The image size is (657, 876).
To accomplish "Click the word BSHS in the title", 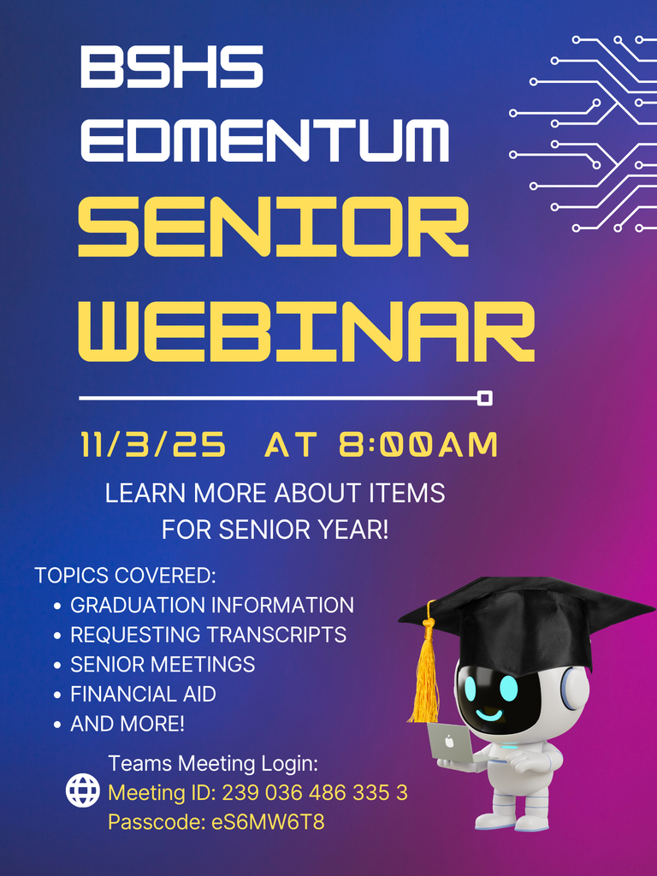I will pos(171,67).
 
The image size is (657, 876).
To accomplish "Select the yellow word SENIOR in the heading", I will pos(274,227).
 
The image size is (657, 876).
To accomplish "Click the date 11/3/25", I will pos(154,445).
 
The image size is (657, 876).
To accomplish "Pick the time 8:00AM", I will pos(418,445).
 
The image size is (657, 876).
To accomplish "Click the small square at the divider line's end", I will pos(484,398).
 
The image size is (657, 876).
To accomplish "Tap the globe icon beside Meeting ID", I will pos(83,791).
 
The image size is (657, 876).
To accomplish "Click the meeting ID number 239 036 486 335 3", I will pos(315,793).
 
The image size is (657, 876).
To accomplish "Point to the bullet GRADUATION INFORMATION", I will pos(211,606).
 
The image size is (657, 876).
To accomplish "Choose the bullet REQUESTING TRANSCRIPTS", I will pos(208,635).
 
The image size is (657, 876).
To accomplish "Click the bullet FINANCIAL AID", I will pos(143,694).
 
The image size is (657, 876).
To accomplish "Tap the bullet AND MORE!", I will pos(127,724).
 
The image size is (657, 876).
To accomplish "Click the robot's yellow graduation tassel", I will pos(424,676).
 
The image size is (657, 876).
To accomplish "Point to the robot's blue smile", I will pos(489,714).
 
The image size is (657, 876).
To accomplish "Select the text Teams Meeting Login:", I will pos(213,763).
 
